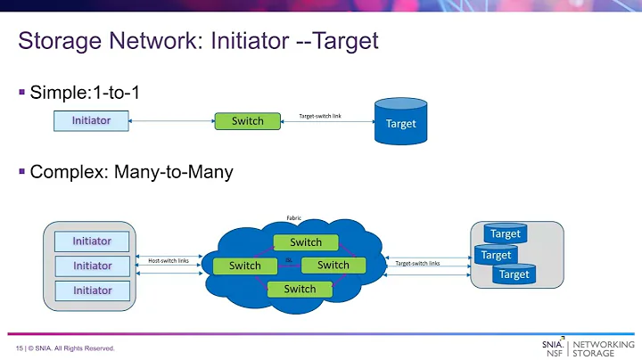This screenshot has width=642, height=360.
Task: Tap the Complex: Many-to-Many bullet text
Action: [x=131, y=172]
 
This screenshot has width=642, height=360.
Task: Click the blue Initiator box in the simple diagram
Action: [x=91, y=120]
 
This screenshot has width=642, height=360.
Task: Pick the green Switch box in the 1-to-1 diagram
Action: [x=248, y=120]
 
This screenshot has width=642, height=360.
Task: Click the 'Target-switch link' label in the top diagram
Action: [x=320, y=116]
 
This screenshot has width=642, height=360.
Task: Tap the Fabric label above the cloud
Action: [x=292, y=217]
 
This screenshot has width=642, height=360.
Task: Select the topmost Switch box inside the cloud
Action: [x=306, y=241]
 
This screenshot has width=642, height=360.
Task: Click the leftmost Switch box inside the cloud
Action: [x=244, y=266]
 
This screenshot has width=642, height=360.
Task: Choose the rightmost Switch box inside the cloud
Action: [x=333, y=265]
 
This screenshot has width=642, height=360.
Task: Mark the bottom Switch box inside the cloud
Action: [x=300, y=289]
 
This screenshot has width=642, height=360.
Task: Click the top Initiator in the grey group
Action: [x=92, y=241]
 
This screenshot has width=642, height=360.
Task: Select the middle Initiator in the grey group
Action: [x=92, y=266]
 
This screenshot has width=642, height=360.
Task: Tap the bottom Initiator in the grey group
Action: [x=92, y=290]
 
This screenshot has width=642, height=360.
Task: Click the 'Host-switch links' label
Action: [x=169, y=260]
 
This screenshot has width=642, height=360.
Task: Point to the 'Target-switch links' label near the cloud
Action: [x=417, y=263]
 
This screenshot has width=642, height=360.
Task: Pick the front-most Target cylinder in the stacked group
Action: [x=514, y=274]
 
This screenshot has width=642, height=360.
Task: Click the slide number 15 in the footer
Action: [x=19, y=348]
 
